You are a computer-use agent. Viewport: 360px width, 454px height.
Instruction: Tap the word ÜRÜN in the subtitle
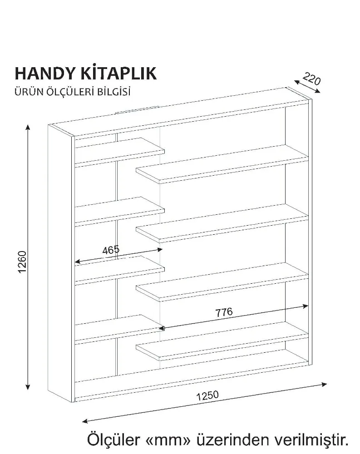click(27, 92)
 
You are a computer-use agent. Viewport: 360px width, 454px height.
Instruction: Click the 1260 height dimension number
click(23, 262)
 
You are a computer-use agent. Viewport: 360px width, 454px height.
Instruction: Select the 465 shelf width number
click(110, 250)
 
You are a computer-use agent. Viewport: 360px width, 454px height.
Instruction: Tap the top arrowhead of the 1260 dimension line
click(28, 128)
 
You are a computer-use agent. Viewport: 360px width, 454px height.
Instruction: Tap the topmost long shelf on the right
click(222, 163)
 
